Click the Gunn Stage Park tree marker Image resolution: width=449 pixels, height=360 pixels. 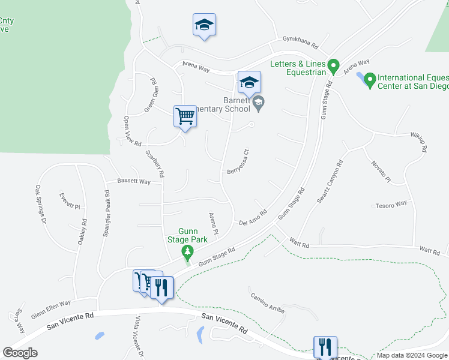click(188, 251)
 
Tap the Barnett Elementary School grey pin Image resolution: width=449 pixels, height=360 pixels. click(258, 103)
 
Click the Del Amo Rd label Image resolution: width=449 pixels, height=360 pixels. click(252, 217)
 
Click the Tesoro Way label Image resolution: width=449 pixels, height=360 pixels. click(391, 205)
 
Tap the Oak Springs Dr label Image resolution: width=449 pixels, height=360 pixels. click(41, 205)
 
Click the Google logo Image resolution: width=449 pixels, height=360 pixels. click(20, 352)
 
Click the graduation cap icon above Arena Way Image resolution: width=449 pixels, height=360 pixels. click(204, 25)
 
